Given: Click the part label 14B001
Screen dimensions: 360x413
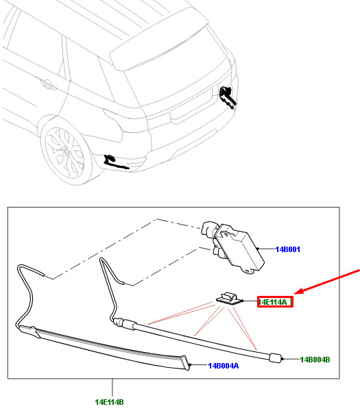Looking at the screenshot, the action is pos(288,249).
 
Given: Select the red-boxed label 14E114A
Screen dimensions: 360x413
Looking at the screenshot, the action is pos(275,302).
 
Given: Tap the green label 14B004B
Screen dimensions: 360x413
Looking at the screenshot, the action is pos(315,360).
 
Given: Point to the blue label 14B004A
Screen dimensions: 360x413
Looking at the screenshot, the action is pos(224,366).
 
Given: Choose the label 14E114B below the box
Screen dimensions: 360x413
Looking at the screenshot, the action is pos(109,402).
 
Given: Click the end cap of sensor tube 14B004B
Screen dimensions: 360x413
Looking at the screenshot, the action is pos(276,358).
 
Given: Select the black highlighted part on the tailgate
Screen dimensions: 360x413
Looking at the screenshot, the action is pos(228,97).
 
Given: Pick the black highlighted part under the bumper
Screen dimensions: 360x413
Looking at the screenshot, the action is pos(115,162).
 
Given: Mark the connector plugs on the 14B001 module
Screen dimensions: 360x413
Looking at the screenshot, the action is pos(210,236).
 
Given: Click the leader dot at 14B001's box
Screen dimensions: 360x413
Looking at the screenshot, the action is pos(258,249).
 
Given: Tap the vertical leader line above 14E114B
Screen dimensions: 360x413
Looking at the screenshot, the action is pos(112,388).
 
